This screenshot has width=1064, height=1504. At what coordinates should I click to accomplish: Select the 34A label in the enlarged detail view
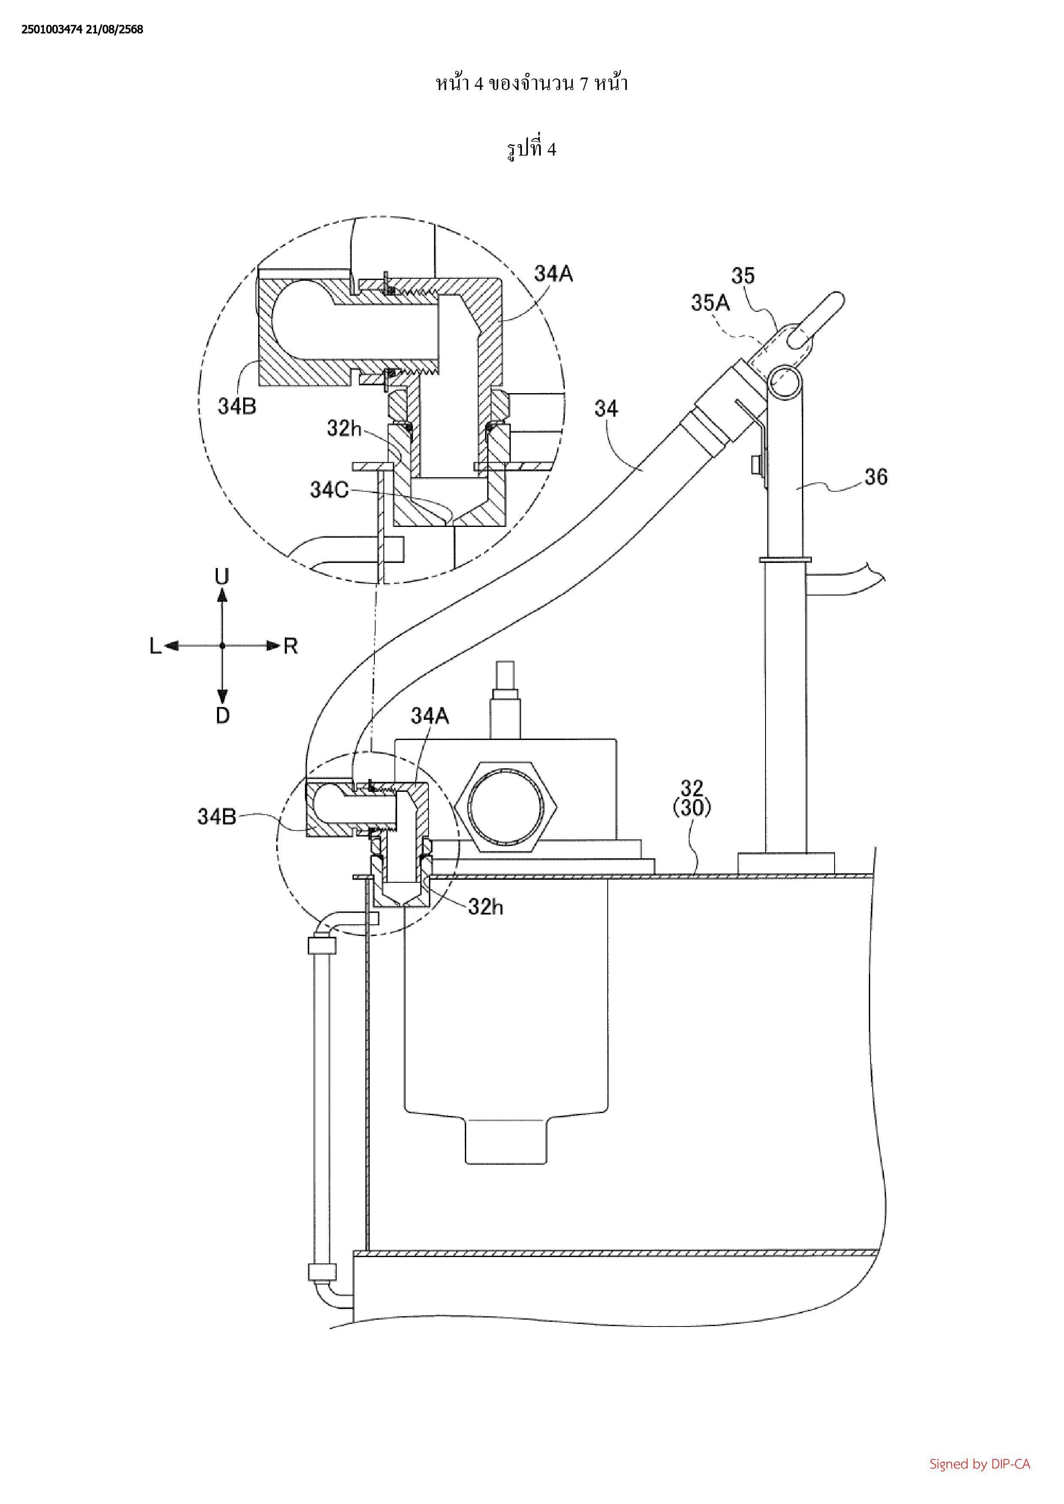[x=554, y=273]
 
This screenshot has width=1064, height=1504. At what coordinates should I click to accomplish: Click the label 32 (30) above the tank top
[x=692, y=798]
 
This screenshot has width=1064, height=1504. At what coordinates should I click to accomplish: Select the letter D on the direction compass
[x=223, y=715]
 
